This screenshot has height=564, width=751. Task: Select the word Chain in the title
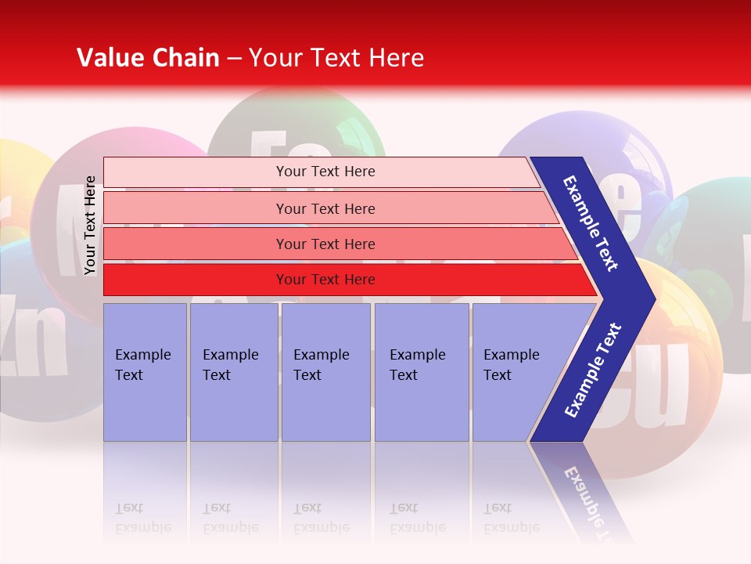click(185, 58)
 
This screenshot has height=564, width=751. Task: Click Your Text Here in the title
click(336, 58)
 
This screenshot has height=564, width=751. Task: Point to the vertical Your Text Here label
click(90, 226)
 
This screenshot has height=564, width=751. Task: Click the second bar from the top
click(325, 208)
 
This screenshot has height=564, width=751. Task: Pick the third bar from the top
click(325, 244)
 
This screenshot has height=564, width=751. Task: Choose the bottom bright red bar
click(325, 280)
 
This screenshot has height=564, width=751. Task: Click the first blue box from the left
click(145, 371)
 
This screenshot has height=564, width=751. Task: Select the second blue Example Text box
click(233, 371)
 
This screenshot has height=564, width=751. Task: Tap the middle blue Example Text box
click(325, 371)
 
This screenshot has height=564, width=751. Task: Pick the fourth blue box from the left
click(421, 371)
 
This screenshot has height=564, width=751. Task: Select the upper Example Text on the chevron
click(591, 223)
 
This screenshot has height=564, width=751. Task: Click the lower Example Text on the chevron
click(593, 371)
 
